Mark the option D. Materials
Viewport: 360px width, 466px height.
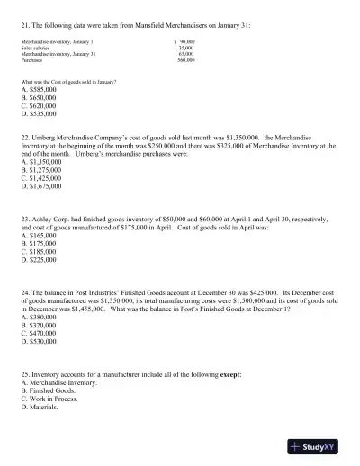point(40,407)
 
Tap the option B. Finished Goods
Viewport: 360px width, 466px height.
point(47,390)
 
